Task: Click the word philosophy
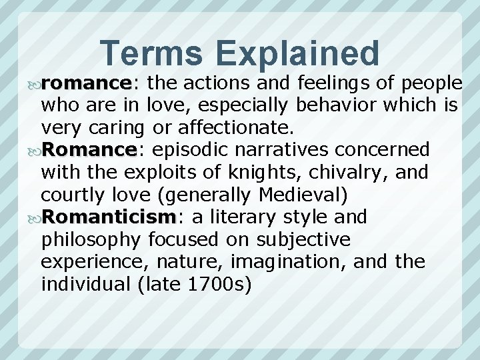point(91,240)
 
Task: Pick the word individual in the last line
point(86,285)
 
